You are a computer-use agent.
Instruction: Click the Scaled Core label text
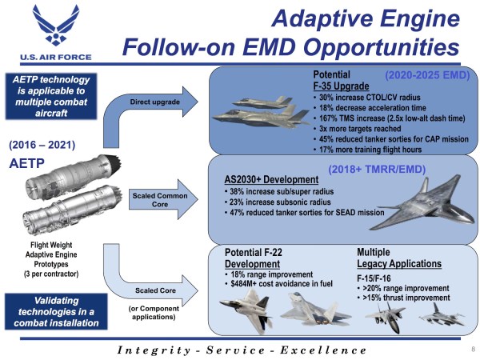click(x=151, y=290)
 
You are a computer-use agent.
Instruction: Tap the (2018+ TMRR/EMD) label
click(x=377, y=170)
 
